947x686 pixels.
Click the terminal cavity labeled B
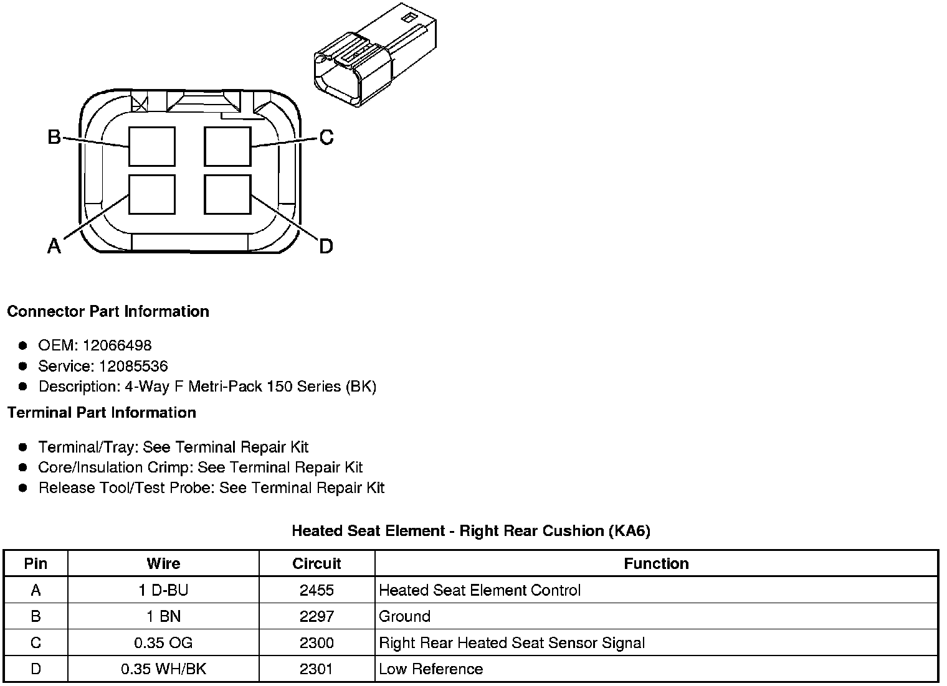coord(152,147)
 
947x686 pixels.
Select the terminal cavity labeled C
coord(228,147)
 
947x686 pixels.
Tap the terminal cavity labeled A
coord(152,194)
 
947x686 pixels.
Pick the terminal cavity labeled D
coord(228,194)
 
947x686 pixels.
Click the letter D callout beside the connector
coord(326,247)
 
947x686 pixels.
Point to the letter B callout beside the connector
coord(54,137)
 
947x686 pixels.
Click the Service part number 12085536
coord(133,366)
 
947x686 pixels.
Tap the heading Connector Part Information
coord(108,311)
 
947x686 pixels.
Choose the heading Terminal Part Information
coord(102,413)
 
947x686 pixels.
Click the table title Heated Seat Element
coord(471,531)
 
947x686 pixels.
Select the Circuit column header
coord(316,564)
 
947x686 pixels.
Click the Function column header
coord(656,564)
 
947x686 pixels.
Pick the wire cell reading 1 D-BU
coord(163,590)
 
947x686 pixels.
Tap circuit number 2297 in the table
coord(316,617)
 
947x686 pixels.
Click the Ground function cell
coord(405,617)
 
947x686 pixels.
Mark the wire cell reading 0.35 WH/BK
coord(163,669)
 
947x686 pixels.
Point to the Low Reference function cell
coord(431,669)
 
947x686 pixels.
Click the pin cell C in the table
coord(36,643)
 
